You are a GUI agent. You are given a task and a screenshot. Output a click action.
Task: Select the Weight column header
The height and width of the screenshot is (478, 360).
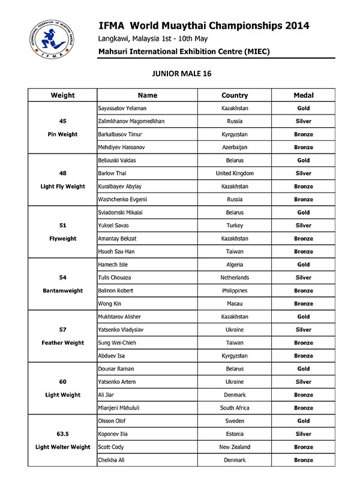click(x=63, y=95)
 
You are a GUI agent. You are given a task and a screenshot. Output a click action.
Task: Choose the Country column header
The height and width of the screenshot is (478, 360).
click(x=235, y=95)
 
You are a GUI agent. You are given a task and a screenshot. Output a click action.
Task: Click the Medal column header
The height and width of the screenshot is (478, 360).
click(x=304, y=95)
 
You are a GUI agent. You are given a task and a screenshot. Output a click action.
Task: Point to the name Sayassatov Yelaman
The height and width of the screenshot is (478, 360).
click(x=122, y=109)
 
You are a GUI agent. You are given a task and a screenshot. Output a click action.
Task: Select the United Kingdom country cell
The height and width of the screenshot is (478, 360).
click(x=235, y=173)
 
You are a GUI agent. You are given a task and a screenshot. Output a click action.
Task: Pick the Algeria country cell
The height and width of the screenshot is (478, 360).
click(x=235, y=264)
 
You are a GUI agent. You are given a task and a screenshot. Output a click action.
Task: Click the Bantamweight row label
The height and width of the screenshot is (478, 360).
click(x=63, y=291)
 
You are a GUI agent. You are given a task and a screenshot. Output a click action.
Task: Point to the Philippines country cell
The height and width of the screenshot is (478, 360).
click(x=235, y=291)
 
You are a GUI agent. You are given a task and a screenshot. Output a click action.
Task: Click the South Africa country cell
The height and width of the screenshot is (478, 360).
click(x=235, y=408)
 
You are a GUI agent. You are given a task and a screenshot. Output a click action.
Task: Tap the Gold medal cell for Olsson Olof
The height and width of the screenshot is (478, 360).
click(x=304, y=421)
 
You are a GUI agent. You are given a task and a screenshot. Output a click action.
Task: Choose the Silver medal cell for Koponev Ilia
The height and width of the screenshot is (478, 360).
click(x=304, y=434)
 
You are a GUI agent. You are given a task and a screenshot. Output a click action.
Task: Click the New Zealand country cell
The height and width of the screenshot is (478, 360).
click(x=235, y=447)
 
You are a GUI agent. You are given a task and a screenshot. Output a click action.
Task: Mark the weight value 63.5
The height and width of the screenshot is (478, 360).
click(x=63, y=434)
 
